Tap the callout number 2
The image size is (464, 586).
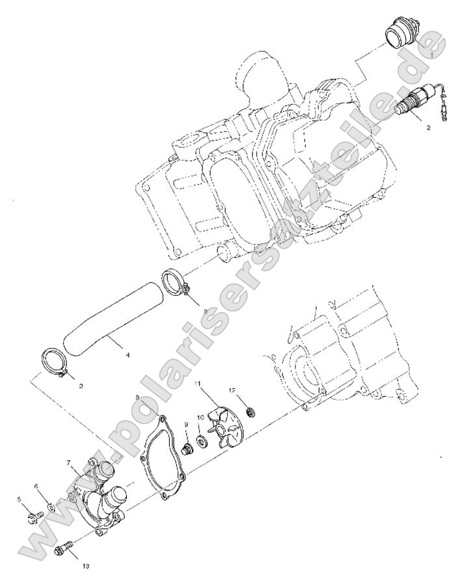point(428,128)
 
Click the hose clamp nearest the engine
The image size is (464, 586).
point(175,282)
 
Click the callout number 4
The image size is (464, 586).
point(128,355)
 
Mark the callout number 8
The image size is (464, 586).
point(137,396)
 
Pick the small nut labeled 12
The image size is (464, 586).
point(248,411)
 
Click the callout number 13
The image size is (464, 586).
point(86,566)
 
